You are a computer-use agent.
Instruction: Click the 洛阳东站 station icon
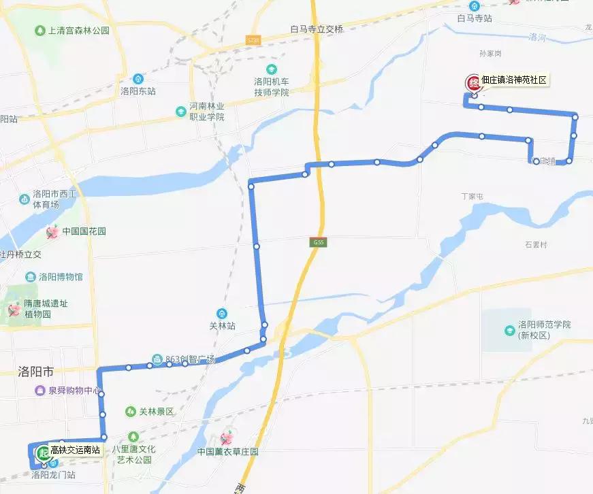138,78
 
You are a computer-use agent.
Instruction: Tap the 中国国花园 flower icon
52,232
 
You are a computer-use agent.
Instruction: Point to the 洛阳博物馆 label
61,277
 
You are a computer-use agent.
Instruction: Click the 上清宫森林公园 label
79,31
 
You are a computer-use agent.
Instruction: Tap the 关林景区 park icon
130,412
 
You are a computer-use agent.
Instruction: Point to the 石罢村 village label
536,244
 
